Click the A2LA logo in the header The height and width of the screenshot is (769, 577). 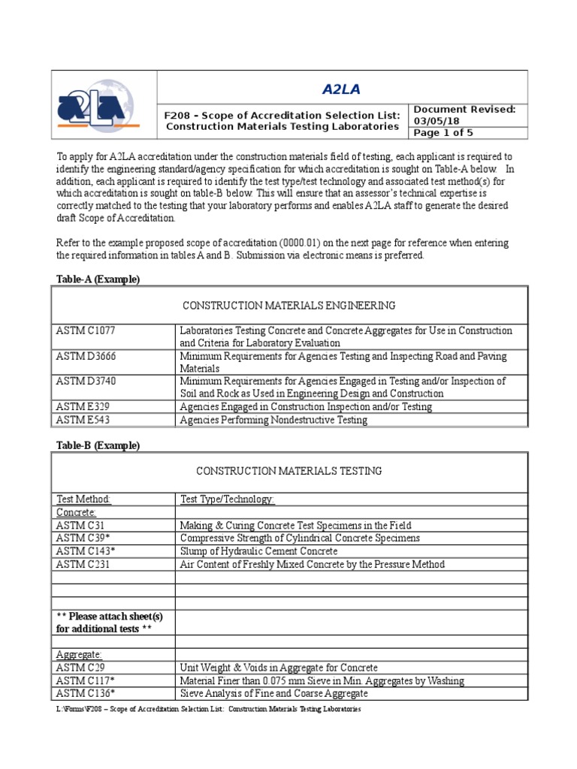click(x=103, y=105)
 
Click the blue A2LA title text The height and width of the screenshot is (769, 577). click(x=342, y=89)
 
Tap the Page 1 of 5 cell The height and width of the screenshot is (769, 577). click(x=445, y=133)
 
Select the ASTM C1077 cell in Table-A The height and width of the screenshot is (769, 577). click(x=86, y=330)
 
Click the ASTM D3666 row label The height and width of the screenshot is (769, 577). click(x=86, y=356)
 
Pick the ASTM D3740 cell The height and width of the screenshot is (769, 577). click(x=86, y=381)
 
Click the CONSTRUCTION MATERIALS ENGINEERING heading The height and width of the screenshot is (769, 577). click(x=289, y=305)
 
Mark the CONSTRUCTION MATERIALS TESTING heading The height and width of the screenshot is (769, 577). click(x=289, y=471)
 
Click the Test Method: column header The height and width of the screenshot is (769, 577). click(x=84, y=499)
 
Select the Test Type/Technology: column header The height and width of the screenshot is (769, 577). click(x=228, y=499)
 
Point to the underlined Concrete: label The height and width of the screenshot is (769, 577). click(x=77, y=512)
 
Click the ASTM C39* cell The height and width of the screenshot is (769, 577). click(x=81, y=538)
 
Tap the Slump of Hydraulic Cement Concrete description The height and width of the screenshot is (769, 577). click(x=258, y=551)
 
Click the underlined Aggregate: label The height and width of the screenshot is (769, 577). click(x=80, y=655)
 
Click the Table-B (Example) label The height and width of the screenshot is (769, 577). click(x=98, y=445)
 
